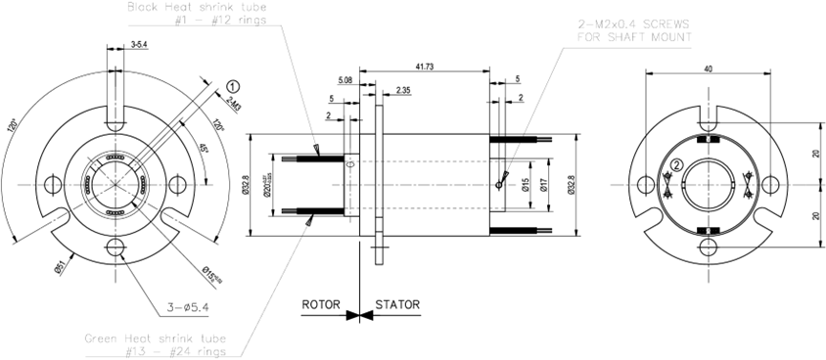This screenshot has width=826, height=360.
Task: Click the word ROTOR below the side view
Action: tap(320, 304)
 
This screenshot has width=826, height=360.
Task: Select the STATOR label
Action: tap(397, 304)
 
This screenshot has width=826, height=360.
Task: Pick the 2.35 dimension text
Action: tap(404, 91)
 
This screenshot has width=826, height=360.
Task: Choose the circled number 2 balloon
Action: tap(676, 164)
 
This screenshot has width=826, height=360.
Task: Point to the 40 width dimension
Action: tap(709, 69)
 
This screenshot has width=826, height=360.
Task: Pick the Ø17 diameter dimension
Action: tap(544, 185)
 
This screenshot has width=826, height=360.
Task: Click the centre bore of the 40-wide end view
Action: tap(708, 185)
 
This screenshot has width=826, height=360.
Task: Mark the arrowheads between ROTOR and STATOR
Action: tap(359, 315)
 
